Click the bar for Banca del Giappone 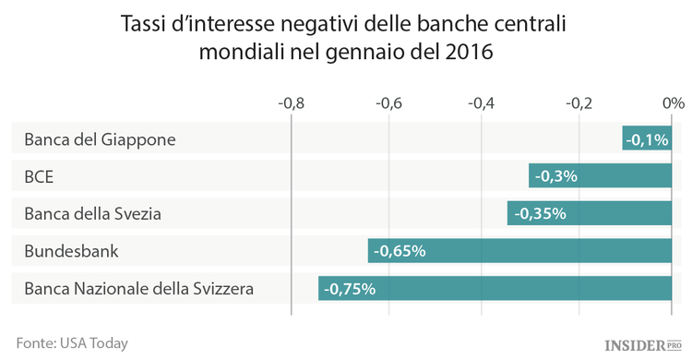click(x=647, y=138)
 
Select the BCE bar click(x=600, y=176)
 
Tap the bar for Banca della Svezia click(x=589, y=213)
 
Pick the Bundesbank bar click(x=519, y=251)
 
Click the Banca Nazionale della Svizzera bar click(x=495, y=289)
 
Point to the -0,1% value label click(x=647, y=139)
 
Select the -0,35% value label click(x=539, y=213)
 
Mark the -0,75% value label click(x=350, y=289)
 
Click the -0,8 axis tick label click(x=291, y=102)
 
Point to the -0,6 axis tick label click(x=388, y=102)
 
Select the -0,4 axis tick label click(x=483, y=102)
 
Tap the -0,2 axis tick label click(x=579, y=102)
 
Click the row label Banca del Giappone click(x=100, y=139)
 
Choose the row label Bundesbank click(x=72, y=251)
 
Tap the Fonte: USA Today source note click(x=72, y=342)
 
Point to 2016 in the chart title click(x=466, y=53)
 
